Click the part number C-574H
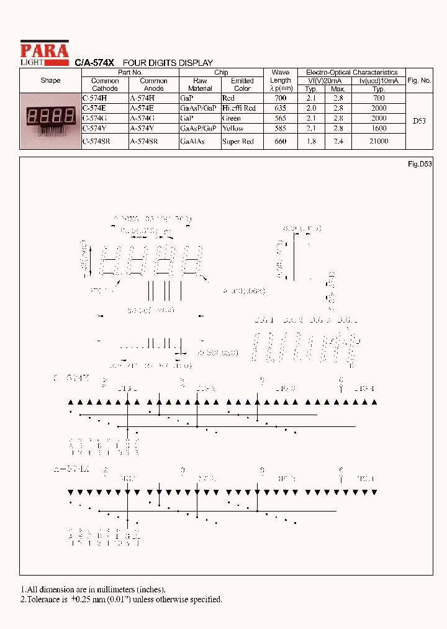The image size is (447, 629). pyautogui.click(x=94, y=98)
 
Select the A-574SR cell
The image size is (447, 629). pyautogui.click(x=143, y=142)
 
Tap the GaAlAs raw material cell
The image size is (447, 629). pyautogui.click(x=192, y=142)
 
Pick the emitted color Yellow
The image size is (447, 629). pyautogui.click(x=233, y=128)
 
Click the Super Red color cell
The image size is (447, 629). pyautogui.click(x=238, y=142)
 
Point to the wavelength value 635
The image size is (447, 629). pyautogui.click(x=280, y=108)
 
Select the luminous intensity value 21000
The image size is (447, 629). pyautogui.click(x=379, y=142)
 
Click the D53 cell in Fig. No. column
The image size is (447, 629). pyautogui.click(x=419, y=121)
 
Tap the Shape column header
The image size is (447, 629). pyautogui.click(x=50, y=81)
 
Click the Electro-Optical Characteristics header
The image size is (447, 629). pyautogui.click(x=351, y=73)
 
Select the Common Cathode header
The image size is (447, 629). pyautogui.click(x=105, y=85)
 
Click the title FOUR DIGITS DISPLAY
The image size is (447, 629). pyautogui.click(x=168, y=63)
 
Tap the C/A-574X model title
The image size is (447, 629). pyautogui.click(x=94, y=63)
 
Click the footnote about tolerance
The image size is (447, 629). pyautogui.click(x=122, y=600)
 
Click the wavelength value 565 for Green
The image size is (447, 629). pyautogui.click(x=280, y=118)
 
